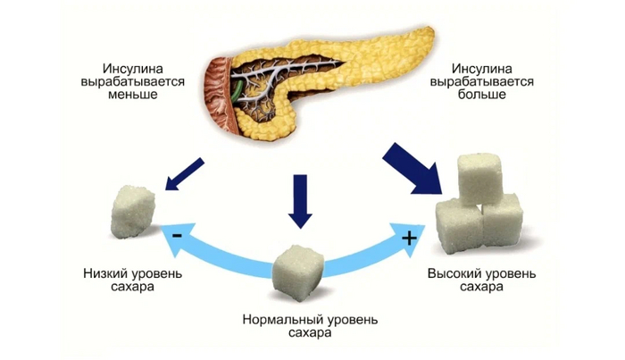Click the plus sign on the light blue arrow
click(409, 238)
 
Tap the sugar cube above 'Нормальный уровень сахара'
click(298, 267)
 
